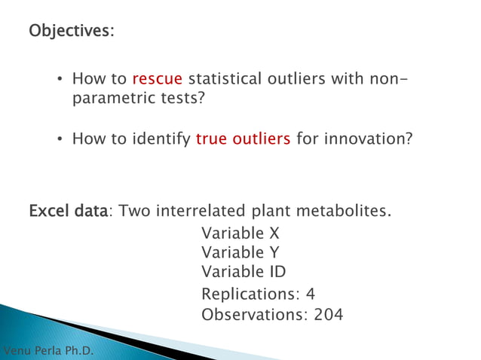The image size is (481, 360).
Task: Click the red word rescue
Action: coord(157,78)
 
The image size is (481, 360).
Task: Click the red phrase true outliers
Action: coord(243,139)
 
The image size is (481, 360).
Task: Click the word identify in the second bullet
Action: coord(161,139)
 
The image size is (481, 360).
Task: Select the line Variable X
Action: coord(240,233)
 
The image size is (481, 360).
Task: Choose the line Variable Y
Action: coord(240,252)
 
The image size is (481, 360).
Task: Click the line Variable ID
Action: coord(244,271)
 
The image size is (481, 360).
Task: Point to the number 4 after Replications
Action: coord(310,294)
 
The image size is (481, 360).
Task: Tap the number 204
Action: coord(328,314)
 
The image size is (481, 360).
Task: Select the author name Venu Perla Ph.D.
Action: coord(49,351)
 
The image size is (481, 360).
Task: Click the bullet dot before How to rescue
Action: coord(60,79)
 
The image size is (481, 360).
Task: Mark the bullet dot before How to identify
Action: coord(60,139)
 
